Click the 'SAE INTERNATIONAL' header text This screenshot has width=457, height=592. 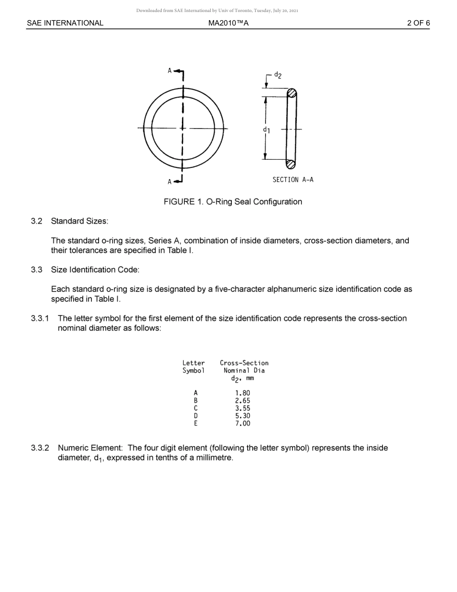pos(65,23)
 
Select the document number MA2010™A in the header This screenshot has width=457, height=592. pos(228,23)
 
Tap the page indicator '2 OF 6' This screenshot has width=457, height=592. pos(418,23)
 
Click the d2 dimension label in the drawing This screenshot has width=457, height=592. pos(278,75)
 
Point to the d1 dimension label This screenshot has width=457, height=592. pos(266,130)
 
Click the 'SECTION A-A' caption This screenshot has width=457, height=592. pos(292,180)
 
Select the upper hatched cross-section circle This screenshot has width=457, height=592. pos(292,93)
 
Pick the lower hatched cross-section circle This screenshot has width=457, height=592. pos(291,164)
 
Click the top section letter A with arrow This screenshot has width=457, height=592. pos(176,71)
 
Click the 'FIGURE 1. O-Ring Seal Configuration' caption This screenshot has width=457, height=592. pos(233,202)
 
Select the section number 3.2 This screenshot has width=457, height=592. pos(37,221)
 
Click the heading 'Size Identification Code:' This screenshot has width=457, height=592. pos(95,270)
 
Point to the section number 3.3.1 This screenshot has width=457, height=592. pos(40,319)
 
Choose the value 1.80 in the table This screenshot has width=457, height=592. pos(242,393)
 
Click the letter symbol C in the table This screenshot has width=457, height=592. pos(195,408)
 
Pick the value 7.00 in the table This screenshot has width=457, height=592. pos(242,424)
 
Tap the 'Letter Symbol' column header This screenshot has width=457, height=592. pos(193,367)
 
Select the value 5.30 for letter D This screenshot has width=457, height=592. pos(242,416)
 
